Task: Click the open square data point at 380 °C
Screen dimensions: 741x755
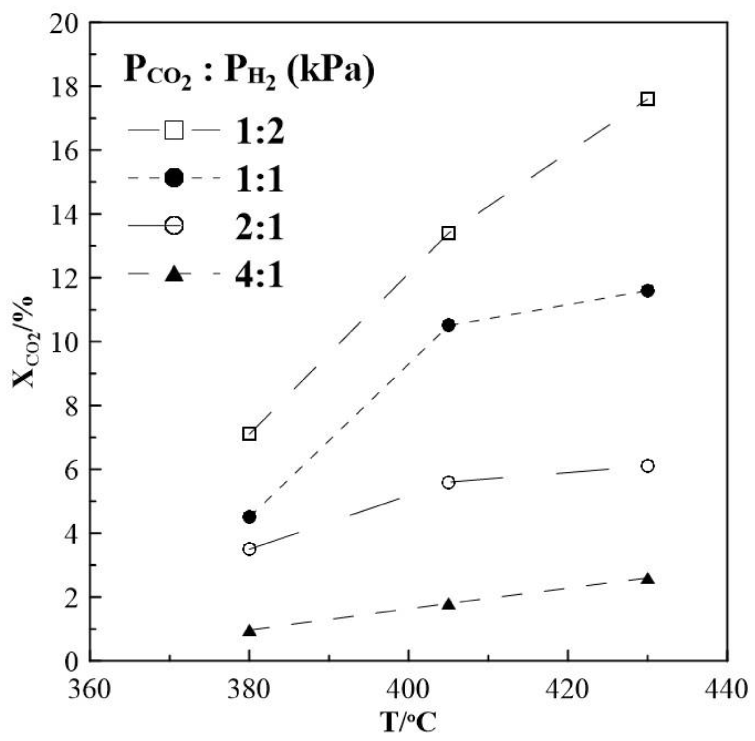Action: [x=249, y=434]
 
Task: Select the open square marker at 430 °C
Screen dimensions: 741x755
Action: [x=647, y=99]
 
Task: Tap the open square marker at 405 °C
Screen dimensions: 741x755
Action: [x=448, y=234]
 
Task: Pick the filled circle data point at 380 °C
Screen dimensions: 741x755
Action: [x=249, y=517]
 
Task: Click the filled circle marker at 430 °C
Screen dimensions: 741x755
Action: [x=647, y=291]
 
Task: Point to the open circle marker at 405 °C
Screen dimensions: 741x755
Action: [x=448, y=483]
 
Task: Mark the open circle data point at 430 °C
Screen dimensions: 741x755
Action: [x=647, y=466]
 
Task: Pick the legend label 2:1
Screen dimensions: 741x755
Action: [x=260, y=227]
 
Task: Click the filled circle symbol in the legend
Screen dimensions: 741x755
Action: [x=174, y=178]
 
